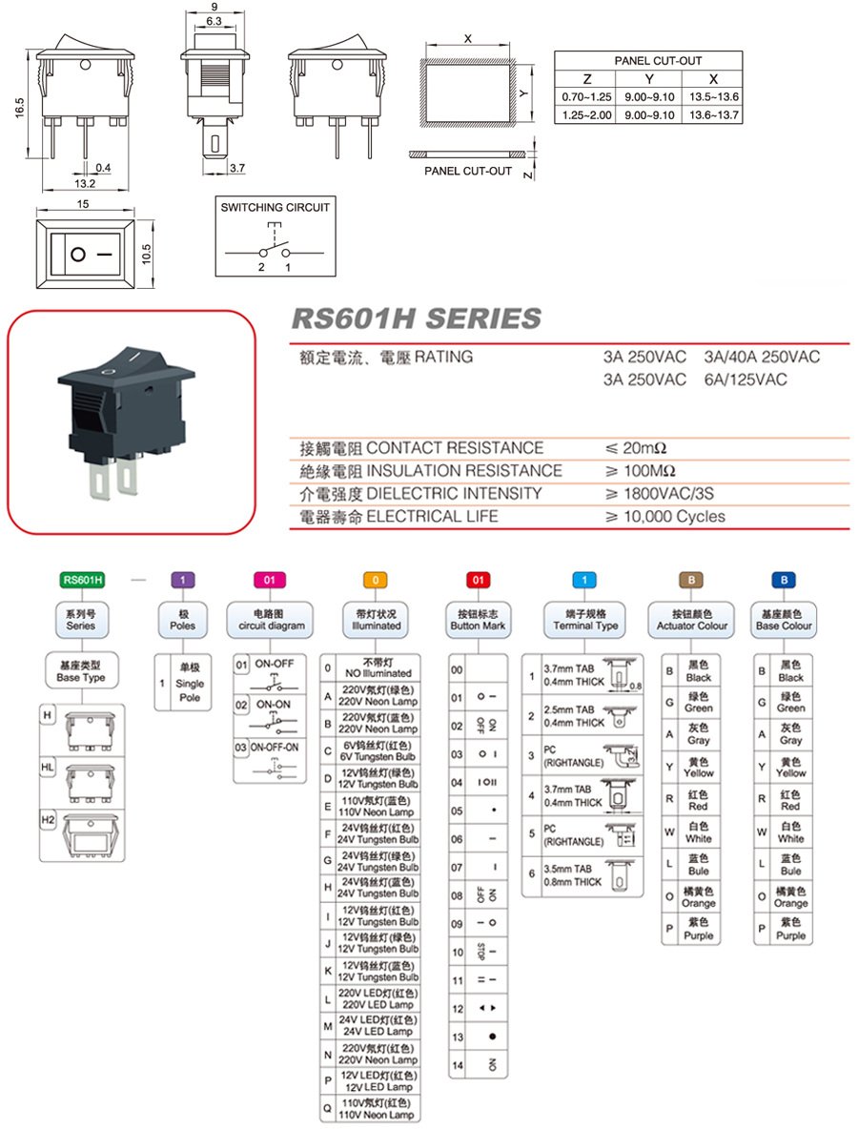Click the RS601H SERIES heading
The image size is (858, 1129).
pos(415,318)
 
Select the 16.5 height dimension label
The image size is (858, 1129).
pos(19,110)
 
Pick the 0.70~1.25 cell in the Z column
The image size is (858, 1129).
pos(586,98)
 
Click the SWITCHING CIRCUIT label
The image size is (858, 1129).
pos(276,207)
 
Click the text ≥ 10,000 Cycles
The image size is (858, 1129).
pos(664,517)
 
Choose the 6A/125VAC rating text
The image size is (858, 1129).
pos(746,380)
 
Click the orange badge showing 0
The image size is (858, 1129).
pos(375,579)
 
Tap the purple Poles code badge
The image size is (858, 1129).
pos(182,579)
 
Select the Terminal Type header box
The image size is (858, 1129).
pos(585,620)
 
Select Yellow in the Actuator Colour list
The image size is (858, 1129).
pos(698,767)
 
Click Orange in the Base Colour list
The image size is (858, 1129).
pos(790,897)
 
